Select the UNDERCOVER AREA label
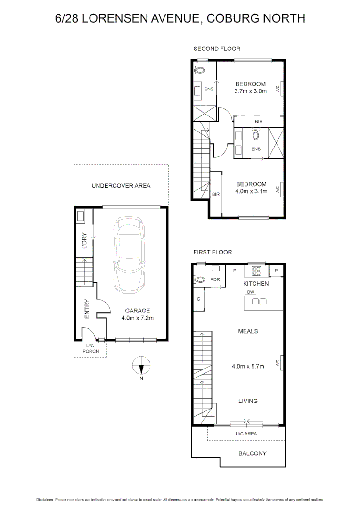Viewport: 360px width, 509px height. tap(121, 186)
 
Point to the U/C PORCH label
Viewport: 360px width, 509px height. tap(90, 349)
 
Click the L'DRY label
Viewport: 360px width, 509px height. tap(85, 239)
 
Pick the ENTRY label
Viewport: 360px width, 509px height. tap(87, 309)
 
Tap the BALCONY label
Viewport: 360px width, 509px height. tap(252, 453)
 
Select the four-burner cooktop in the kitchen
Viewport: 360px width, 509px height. tap(256, 271)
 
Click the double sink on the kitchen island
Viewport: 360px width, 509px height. tap(259, 301)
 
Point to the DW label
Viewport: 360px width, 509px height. tap(251, 292)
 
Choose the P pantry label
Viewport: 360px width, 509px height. tap(277, 271)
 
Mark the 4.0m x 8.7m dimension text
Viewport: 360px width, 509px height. tap(248, 366)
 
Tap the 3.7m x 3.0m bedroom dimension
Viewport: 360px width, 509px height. tap(250, 91)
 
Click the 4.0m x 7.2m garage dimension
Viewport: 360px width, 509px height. tap(138, 318)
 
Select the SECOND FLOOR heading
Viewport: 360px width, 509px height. tap(217, 49)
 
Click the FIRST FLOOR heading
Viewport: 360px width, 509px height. tap(213, 253)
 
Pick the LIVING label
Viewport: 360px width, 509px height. tap(248, 401)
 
